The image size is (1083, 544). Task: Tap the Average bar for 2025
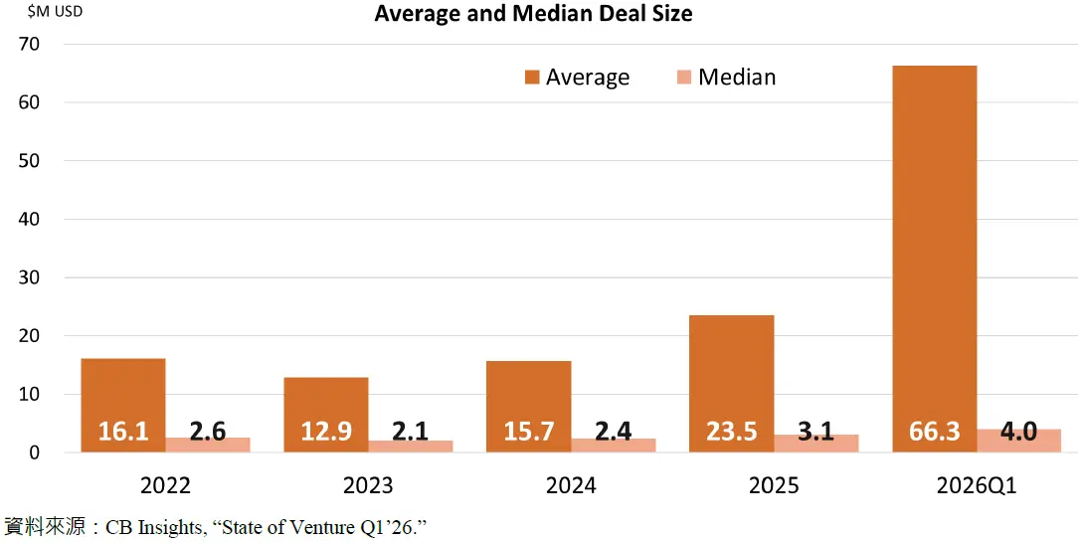tap(731, 368)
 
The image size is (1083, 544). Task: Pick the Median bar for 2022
tap(208, 445)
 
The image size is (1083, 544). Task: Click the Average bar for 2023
tap(325, 398)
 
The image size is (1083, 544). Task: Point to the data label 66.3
tap(934, 432)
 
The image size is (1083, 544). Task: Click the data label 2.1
tap(411, 432)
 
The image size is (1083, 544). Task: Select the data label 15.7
tap(528, 432)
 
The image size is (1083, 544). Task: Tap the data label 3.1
tap(815, 432)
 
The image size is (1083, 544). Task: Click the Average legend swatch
tap(532, 78)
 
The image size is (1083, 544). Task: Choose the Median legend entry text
tap(737, 78)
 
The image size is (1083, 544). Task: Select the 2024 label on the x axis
tap(571, 485)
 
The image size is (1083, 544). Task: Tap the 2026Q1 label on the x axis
tap(976, 485)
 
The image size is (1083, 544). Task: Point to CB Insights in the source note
tap(154, 526)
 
